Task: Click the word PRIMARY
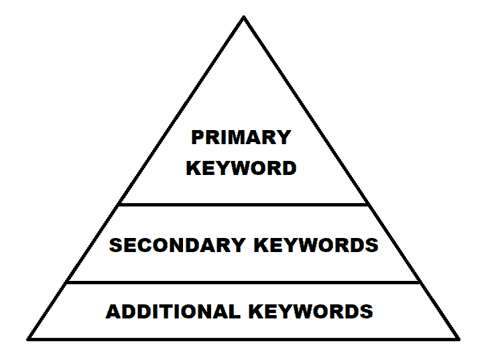coord(241,137)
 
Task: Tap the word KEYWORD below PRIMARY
coord(241,168)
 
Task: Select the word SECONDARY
coord(178,245)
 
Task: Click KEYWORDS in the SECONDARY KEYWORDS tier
coord(316,245)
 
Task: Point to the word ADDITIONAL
coord(174,311)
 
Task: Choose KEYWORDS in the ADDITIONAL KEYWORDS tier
coord(311,311)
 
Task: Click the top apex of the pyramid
coord(244,17)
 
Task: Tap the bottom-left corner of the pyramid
coord(28,339)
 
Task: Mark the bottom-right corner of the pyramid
coord(459,339)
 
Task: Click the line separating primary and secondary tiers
coord(243,204)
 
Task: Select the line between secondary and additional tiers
coord(243,282)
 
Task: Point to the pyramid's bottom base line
coord(243,339)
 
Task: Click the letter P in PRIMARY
coord(197,137)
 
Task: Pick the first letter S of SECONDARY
coord(116,245)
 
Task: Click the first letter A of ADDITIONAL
coord(113,311)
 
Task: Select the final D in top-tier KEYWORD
coord(290,168)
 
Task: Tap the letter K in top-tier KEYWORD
coord(193,168)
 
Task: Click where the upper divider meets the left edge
coord(119,204)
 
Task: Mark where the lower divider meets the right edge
coord(420,282)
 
